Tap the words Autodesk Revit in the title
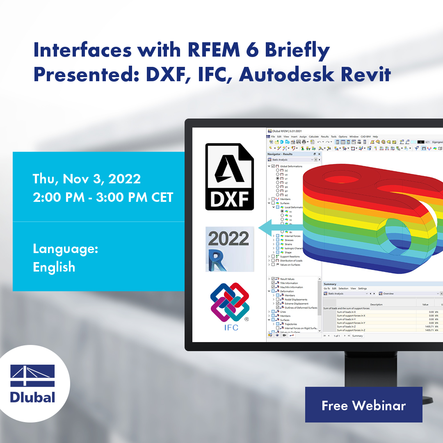point(315,74)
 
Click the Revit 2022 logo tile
point(230,249)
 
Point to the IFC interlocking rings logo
point(230,304)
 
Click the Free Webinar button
point(363,405)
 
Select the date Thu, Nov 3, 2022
point(87,179)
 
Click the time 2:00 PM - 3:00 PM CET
point(103,197)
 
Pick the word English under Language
point(54,267)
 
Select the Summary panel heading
point(330,284)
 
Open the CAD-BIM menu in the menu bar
point(365,137)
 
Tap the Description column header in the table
point(376,304)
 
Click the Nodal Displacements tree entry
point(296,299)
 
